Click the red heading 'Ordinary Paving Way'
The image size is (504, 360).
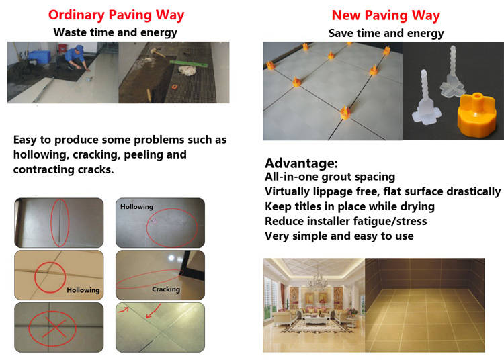click(x=116, y=15)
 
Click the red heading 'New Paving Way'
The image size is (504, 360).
click(x=386, y=15)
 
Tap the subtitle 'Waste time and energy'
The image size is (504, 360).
click(x=116, y=32)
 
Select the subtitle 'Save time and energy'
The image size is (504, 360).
click(x=386, y=33)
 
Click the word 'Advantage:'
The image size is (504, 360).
click(x=301, y=163)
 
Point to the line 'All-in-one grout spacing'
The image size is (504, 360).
click(x=330, y=177)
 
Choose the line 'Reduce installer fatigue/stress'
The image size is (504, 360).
click(x=345, y=221)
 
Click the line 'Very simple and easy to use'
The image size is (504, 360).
click(x=339, y=236)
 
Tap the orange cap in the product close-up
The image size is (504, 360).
click(x=476, y=115)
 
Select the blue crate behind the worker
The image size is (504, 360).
click(x=40, y=56)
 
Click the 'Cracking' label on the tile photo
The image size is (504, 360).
click(x=166, y=289)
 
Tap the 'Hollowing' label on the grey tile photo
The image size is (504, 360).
click(x=136, y=206)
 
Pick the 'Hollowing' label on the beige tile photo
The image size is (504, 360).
click(x=83, y=290)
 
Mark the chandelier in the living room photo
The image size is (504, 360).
click(x=318, y=280)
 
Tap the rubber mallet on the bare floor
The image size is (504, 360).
click(x=157, y=52)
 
